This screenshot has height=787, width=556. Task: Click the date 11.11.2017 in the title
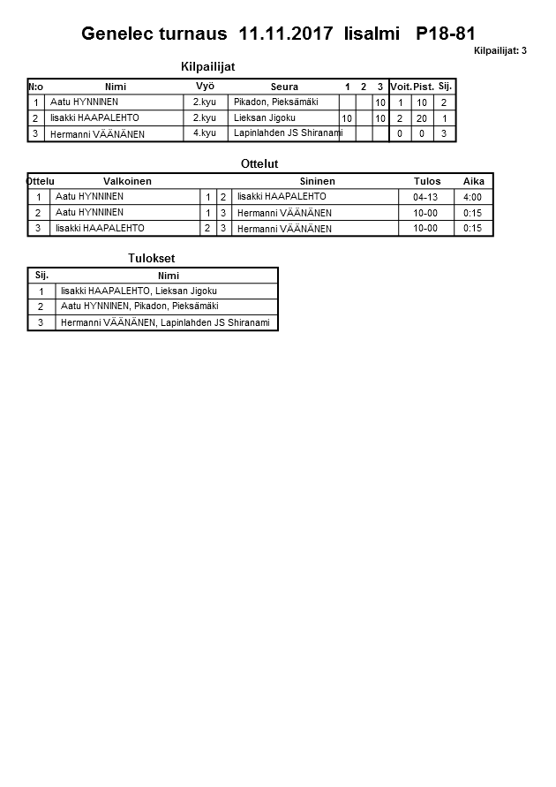[286, 34]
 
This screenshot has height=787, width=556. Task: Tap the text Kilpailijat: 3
[500, 50]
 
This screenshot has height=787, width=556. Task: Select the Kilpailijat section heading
[207, 66]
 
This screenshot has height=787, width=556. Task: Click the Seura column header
[284, 87]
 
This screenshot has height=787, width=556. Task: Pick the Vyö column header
[205, 86]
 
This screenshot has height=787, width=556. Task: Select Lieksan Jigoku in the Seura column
[264, 117]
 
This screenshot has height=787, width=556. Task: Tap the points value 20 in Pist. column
[422, 118]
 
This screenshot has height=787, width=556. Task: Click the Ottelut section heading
[259, 163]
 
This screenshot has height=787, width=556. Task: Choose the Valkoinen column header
[127, 181]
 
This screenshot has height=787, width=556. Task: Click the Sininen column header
[317, 181]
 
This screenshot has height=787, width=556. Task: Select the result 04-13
[425, 197]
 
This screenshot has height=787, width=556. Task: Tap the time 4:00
[472, 197]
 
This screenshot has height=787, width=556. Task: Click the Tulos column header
[427, 181]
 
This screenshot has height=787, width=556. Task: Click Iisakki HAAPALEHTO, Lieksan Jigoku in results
[139, 291]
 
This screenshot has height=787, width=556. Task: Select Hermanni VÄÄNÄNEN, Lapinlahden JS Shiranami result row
[164, 322]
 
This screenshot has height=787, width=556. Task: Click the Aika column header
[474, 181]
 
